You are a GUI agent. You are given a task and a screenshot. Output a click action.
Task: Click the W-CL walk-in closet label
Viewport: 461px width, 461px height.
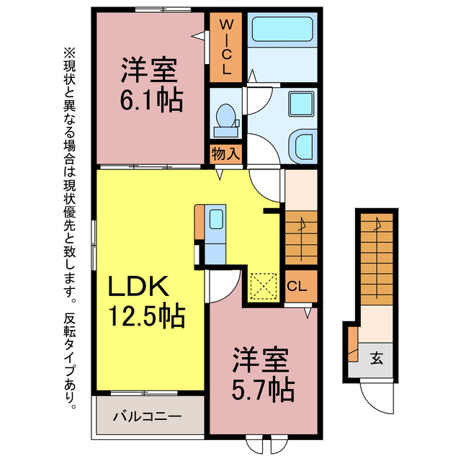225,48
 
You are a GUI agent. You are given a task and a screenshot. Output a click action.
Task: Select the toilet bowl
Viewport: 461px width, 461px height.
225,117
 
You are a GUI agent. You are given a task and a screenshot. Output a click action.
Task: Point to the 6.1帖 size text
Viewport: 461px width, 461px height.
151,100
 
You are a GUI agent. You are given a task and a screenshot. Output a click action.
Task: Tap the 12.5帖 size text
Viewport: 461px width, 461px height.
147,315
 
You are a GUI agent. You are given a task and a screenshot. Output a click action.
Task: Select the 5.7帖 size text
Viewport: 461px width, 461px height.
261,389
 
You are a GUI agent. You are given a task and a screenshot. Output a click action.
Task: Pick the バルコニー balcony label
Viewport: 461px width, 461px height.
148,416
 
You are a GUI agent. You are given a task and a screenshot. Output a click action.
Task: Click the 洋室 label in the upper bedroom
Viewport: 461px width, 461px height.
150,71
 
